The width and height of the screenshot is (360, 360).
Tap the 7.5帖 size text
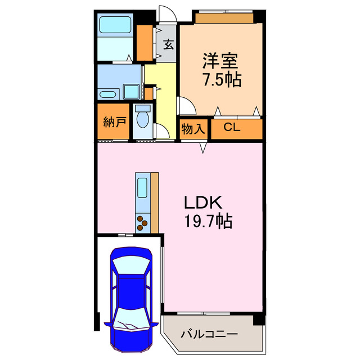point(222,79)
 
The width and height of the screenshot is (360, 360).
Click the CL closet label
point(232,128)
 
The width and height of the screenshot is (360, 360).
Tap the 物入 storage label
point(193,129)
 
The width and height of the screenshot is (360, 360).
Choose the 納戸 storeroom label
point(114,122)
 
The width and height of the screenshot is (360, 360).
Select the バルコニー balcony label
point(209,334)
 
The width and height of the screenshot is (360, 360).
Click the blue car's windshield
point(131,264)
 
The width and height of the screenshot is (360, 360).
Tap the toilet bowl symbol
point(143,119)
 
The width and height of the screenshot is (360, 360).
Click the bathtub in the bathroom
point(115,26)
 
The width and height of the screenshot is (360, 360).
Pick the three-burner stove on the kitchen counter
point(143,223)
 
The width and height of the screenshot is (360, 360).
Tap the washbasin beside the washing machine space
point(107,94)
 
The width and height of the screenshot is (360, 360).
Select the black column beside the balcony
point(258,319)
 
